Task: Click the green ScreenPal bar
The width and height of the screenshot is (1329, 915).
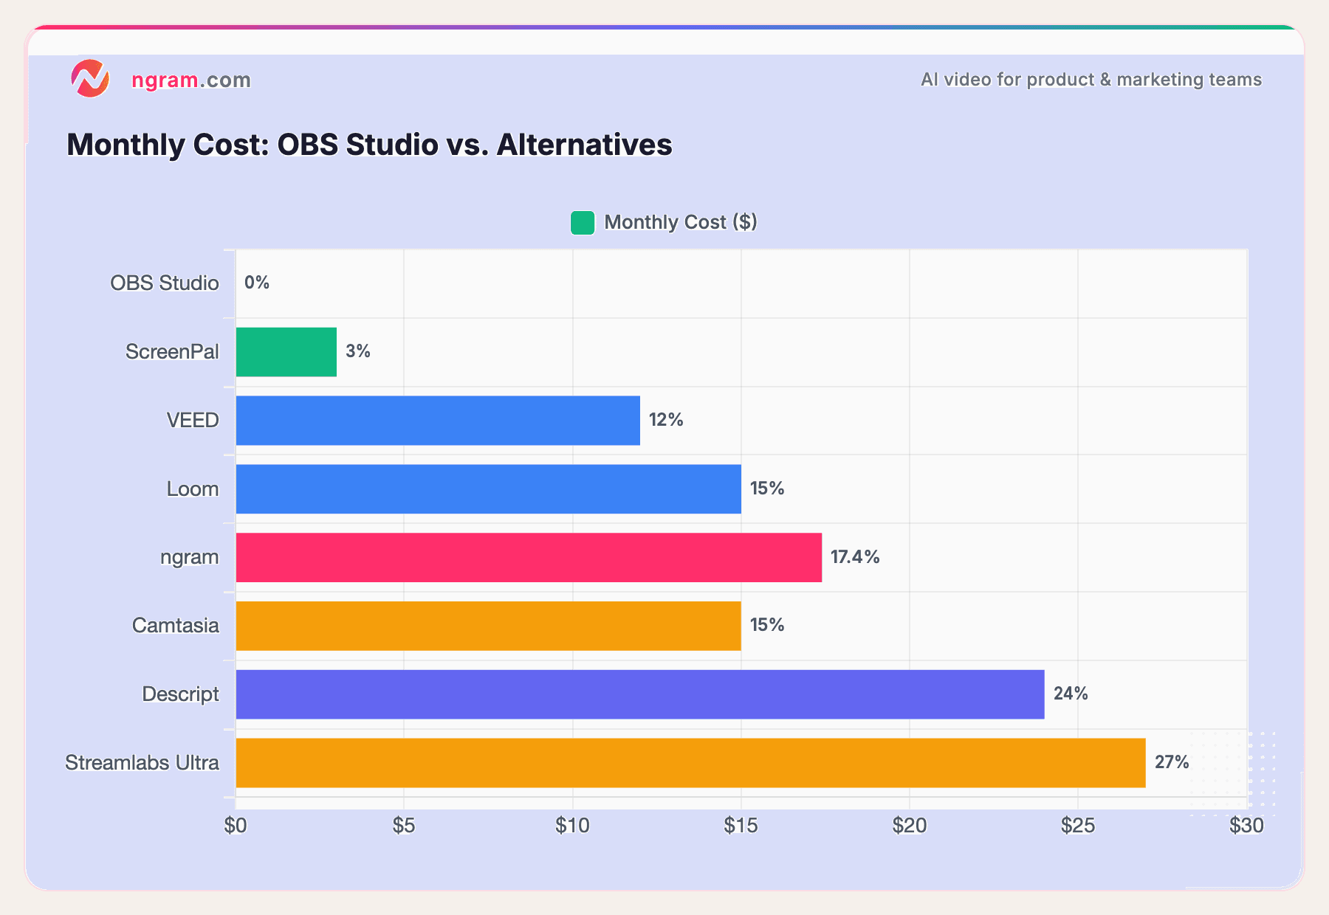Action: tap(286, 352)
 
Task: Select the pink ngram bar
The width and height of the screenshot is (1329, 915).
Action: tap(529, 557)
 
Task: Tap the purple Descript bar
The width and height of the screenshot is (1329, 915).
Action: tap(639, 694)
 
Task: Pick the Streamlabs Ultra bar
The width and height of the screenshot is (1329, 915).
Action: tap(690, 763)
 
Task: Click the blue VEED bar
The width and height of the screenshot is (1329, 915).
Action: tap(438, 421)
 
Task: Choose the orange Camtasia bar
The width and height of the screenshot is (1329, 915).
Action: tap(488, 626)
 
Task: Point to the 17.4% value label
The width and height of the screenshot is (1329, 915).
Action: tap(855, 557)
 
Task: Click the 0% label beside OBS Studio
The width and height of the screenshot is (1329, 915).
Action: tap(257, 283)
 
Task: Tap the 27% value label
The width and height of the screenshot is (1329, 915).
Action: tap(1172, 762)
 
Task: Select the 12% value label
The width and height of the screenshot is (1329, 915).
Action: tap(666, 420)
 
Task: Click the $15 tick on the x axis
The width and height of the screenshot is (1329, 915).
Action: tap(741, 826)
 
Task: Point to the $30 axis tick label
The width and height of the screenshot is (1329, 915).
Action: tap(1246, 826)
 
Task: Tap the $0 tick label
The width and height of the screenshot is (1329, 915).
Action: tap(236, 826)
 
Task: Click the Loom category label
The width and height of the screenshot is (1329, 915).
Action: tap(193, 489)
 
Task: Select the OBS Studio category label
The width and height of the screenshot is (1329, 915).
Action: tap(165, 283)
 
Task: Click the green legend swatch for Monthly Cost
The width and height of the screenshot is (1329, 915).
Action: tap(583, 223)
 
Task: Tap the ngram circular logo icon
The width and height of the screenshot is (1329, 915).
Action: tap(90, 79)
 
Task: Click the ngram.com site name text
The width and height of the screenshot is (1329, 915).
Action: tap(191, 80)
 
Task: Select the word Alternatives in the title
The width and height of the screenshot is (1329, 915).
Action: tap(584, 145)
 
